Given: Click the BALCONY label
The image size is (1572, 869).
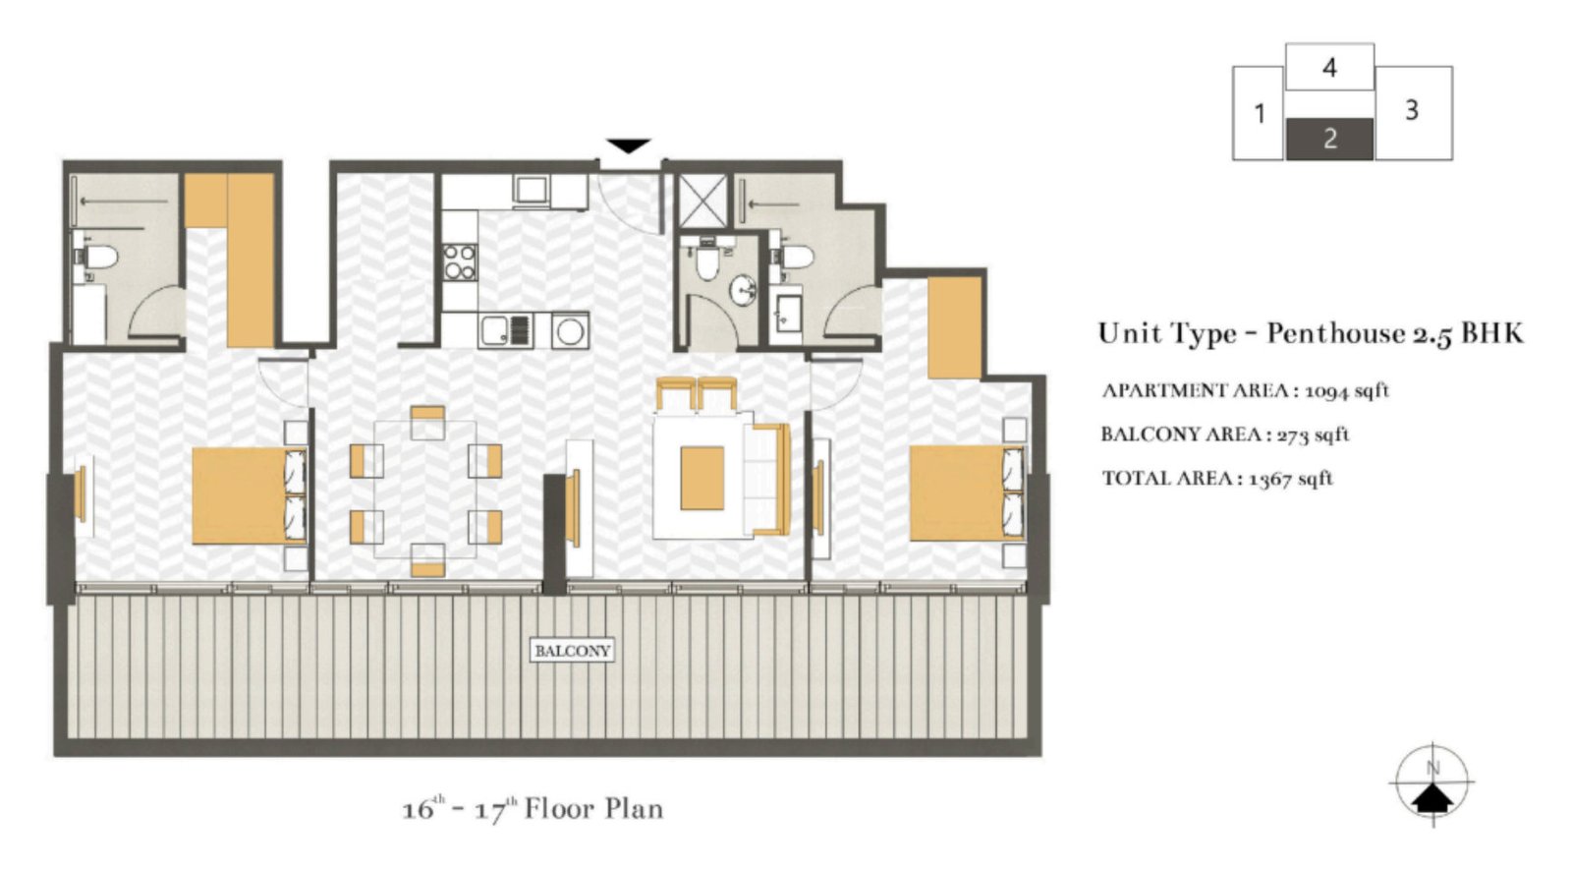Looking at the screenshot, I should coord(572,651).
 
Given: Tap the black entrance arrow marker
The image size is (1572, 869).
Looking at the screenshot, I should coord(628,146).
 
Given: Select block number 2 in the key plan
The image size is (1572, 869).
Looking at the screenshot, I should coord(1329,139).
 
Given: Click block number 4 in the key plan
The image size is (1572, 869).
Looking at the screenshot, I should coord(1329,68).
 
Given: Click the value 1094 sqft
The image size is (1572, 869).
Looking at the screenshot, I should coord(1346,390).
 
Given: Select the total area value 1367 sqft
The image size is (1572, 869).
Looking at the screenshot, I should coord(1290,479).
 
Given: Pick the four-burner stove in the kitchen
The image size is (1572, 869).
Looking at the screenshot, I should coord(459,261).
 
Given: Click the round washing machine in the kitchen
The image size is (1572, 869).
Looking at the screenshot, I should coord(570,330).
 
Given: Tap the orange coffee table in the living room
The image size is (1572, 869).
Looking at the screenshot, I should coord(702,478).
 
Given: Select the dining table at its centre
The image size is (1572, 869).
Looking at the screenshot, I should coord(426,490).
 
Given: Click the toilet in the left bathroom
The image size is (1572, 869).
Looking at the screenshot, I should coord(98,258).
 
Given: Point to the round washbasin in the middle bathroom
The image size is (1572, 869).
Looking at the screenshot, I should coord(743,290).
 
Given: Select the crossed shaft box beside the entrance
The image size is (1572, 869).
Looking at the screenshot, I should coord(702,201).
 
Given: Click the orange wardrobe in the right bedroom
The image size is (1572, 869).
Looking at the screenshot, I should coord(954,327).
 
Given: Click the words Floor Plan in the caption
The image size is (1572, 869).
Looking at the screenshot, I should coord(593,809).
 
